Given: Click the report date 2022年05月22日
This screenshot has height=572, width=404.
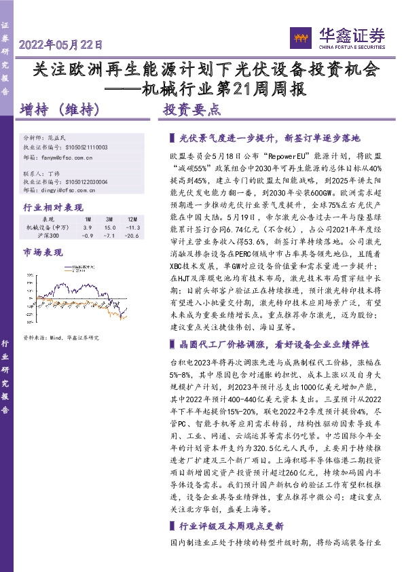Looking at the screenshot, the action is pos(61,46).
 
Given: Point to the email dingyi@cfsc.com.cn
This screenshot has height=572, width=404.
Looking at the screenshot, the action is pos(64,191).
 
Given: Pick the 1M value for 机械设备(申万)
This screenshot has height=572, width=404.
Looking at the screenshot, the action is pos(88,228).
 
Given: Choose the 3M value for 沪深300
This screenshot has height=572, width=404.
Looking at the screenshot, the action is pos(109,236).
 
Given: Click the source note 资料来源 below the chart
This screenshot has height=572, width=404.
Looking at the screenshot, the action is pos(61,338).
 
